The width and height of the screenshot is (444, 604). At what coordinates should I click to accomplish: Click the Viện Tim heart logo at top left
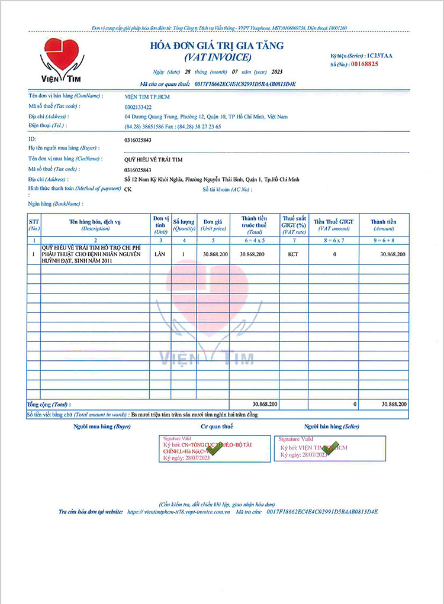(62, 59)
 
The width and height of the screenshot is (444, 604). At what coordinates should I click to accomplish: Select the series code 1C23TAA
(379, 55)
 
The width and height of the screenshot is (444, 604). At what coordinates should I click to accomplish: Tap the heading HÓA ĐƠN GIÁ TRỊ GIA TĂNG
(217, 46)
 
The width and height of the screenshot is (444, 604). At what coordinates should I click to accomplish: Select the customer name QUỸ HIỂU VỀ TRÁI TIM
(153, 159)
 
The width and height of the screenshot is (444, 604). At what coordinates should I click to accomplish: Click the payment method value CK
(128, 189)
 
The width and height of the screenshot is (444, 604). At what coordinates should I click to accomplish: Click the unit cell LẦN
(160, 254)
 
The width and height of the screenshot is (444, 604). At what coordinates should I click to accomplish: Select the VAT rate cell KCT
(293, 254)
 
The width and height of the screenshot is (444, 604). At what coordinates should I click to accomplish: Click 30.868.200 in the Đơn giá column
(215, 254)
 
